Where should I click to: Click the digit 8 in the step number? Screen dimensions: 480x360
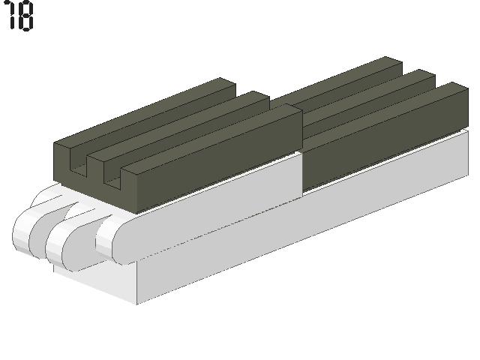click(25, 15)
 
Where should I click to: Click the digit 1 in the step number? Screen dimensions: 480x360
click(11, 15)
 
